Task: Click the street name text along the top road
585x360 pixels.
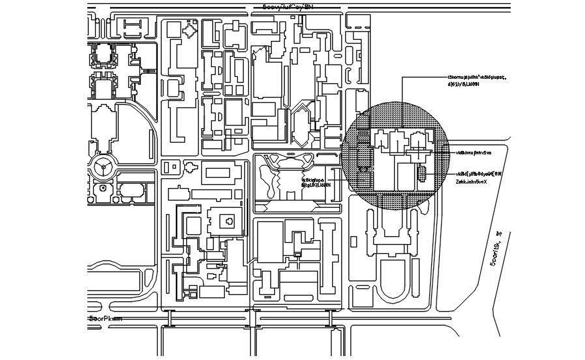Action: pos(288,7)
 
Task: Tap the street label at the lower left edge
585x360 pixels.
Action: pos(106,319)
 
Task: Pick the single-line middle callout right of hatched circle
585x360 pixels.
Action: pos(474,152)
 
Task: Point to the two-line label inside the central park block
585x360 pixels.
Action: pos(317,182)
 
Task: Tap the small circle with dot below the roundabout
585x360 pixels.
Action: pos(102,189)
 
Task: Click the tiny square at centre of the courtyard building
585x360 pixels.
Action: pos(229,222)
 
